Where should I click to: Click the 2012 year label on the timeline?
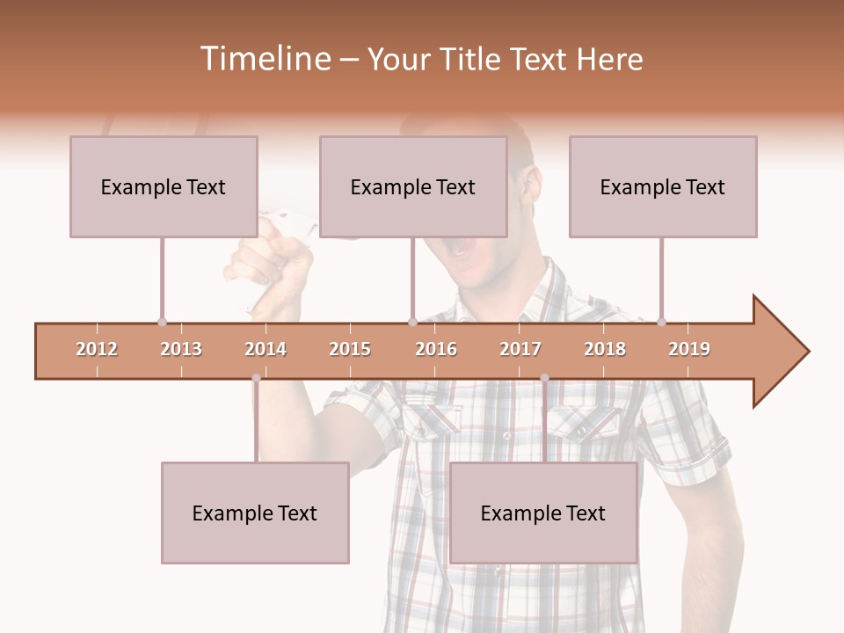(x=97, y=349)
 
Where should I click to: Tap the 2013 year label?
(x=181, y=349)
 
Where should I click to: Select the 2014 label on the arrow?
(x=266, y=349)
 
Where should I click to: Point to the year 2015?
(x=350, y=349)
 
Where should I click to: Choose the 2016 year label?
(x=436, y=349)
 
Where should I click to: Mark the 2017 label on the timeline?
(x=520, y=349)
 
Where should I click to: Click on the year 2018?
(x=605, y=349)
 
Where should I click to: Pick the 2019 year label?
(x=689, y=349)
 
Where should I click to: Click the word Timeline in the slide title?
(x=264, y=59)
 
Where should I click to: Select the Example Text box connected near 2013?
(x=164, y=186)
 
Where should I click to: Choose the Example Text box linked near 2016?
(x=413, y=186)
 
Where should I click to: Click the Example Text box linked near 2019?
(x=663, y=186)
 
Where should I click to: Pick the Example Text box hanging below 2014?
(x=255, y=513)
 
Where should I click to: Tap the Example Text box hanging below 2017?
(x=543, y=513)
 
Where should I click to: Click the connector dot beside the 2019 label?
(x=661, y=322)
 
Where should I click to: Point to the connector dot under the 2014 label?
(x=256, y=378)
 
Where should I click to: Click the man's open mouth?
(x=461, y=249)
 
